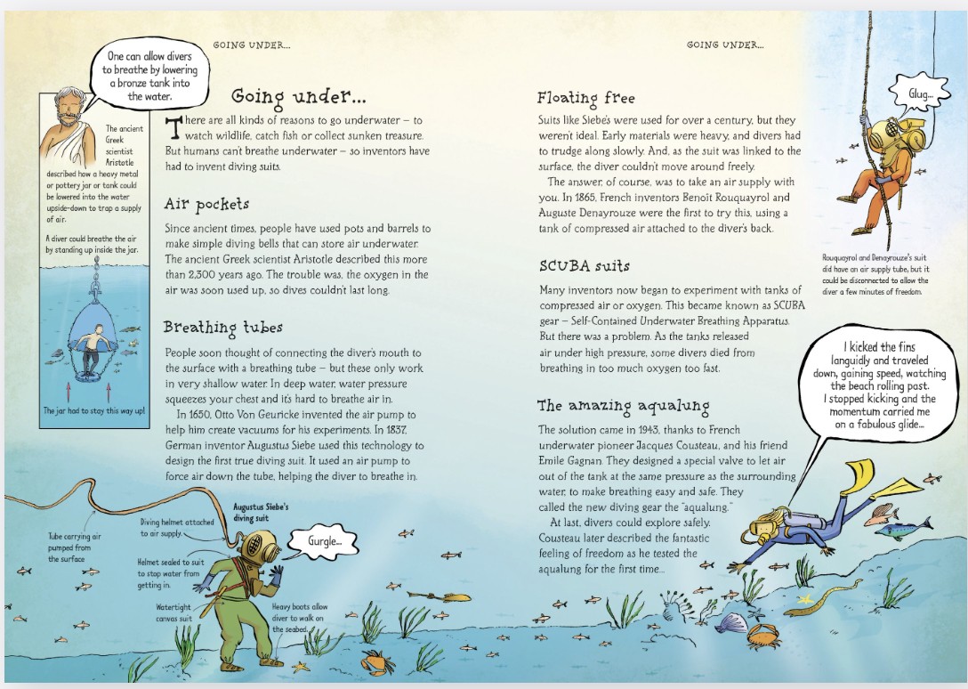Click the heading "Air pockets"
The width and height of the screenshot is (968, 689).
[x=206, y=205]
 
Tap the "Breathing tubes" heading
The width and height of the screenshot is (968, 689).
[x=223, y=328]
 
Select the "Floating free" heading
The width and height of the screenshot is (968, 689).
[x=585, y=98]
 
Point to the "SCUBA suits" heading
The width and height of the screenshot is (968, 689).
[x=584, y=266]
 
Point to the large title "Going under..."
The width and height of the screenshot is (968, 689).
[x=298, y=96]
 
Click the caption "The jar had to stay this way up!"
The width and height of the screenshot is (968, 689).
[x=93, y=411]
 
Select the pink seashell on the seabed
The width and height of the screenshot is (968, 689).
[x=731, y=622]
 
